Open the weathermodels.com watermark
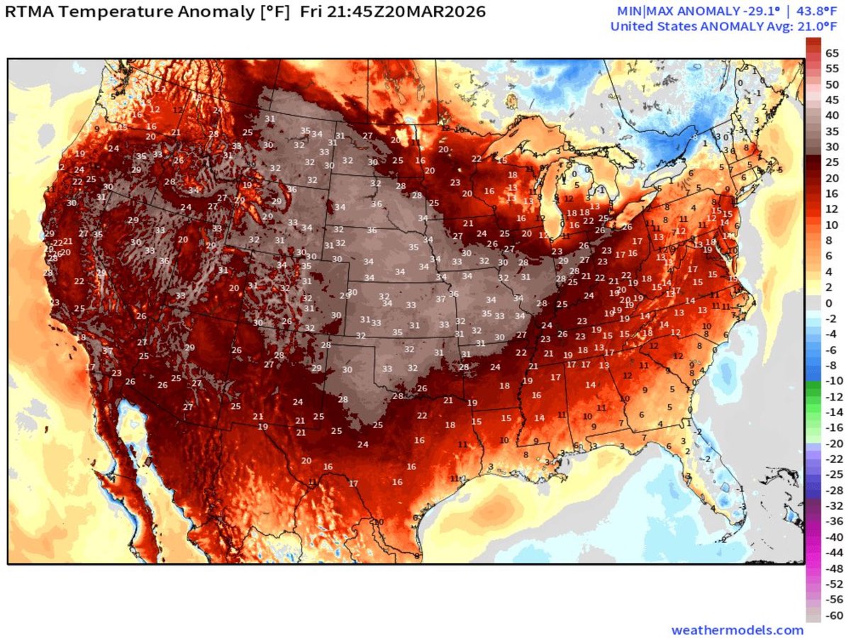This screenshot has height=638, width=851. point(738,629)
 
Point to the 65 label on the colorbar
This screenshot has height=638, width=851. point(833,53)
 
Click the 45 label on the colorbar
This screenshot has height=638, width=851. point(833,100)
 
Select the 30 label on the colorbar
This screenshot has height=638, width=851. point(833,147)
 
